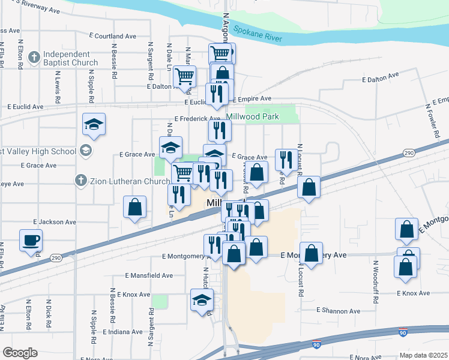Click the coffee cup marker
[31, 240]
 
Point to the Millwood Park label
[252, 117]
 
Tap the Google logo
[20, 353]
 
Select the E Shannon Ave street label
[339, 311]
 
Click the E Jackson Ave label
[55, 222]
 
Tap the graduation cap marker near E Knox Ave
[202, 300]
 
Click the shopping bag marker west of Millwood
[135, 207]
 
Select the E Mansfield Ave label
[149, 275]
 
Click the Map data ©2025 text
[424, 355]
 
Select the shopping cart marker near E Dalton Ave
[184, 77]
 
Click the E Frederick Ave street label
[197, 119]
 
